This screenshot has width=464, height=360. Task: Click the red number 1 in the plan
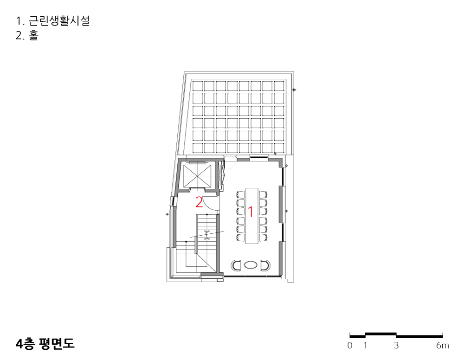coord(251,212)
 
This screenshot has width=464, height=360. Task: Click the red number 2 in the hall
coord(199,202)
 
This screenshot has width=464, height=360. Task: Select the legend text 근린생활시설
coord(59,21)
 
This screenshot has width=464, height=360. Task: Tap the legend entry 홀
coord(33,36)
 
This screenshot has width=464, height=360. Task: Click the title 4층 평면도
coord(45,343)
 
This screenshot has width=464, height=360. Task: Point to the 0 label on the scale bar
coord(350,345)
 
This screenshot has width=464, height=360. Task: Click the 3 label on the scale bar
coord(396,345)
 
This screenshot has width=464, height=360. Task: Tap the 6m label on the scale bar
coord(442,345)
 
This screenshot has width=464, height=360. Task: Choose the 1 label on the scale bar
coord(365,345)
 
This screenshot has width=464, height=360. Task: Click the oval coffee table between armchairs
coord(251,265)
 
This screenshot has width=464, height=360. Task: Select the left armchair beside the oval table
coord(236,265)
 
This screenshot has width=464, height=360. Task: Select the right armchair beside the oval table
coord(265,265)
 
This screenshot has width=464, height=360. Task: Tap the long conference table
coord(251,216)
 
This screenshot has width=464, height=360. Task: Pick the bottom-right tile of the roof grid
coord(279,148)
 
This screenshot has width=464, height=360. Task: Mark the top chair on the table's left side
coord(240,194)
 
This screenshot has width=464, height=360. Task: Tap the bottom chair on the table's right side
coord(263,237)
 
